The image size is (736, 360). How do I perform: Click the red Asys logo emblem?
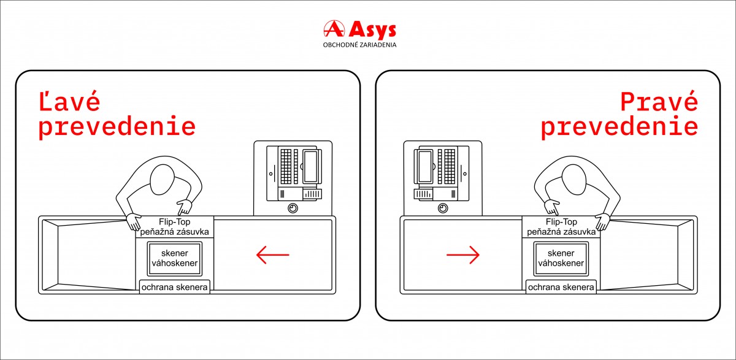tap(333, 29)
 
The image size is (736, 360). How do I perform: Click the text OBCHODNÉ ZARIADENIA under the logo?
tap(359, 45)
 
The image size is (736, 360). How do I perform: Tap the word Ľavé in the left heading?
tap(69, 102)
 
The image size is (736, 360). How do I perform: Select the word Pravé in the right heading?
tap(659, 102)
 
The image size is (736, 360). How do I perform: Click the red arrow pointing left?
tap(272, 255)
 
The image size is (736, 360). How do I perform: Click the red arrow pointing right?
tap(463, 255)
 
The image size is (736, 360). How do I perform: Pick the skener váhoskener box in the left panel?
tap(174, 258)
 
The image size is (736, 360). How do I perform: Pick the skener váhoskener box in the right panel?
tap(561, 258)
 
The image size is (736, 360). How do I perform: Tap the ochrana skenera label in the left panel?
tap(175, 287)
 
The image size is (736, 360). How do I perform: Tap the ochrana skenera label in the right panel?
tap(561, 287)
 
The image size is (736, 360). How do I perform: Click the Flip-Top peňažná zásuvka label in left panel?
tap(175, 227)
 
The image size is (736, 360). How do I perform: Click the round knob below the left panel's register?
tap(293, 209)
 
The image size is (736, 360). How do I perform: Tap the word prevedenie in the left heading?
tap(117, 126)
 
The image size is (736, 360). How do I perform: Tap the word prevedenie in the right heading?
tap(619, 126)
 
